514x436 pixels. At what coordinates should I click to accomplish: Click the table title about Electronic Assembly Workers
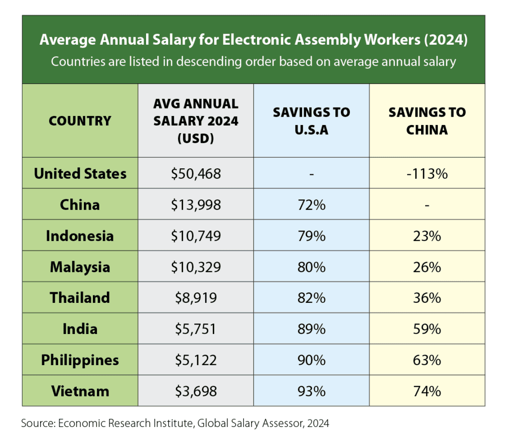(x=253, y=40)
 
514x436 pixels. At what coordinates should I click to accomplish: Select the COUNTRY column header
(x=80, y=121)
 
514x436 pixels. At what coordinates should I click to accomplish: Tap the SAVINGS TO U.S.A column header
(x=311, y=121)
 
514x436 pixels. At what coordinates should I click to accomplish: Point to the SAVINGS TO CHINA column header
(x=427, y=121)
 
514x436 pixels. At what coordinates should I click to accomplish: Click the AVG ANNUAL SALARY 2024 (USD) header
(x=196, y=121)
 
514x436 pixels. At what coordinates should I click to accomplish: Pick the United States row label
(x=80, y=174)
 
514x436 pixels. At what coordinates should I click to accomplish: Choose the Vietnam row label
(x=80, y=391)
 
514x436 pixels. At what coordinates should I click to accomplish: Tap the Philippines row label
(x=80, y=360)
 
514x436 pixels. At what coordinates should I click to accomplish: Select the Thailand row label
(x=80, y=297)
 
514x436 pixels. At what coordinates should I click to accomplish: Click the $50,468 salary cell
(x=196, y=174)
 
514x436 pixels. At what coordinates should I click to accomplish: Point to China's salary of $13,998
(x=196, y=205)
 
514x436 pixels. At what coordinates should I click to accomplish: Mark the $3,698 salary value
(x=196, y=391)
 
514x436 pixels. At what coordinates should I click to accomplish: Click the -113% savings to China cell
(x=427, y=174)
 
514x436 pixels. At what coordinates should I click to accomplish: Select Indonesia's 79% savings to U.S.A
(x=311, y=236)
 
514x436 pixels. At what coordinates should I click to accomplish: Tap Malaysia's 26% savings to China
(x=427, y=267)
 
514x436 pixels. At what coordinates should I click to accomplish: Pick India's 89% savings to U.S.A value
(x=311, y=329)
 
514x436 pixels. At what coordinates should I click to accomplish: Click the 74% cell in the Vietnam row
(x=427, y=391)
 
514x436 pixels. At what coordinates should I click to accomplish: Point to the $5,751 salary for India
(x=196, y=329)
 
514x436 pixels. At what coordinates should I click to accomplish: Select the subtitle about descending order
(x=253, y=62)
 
